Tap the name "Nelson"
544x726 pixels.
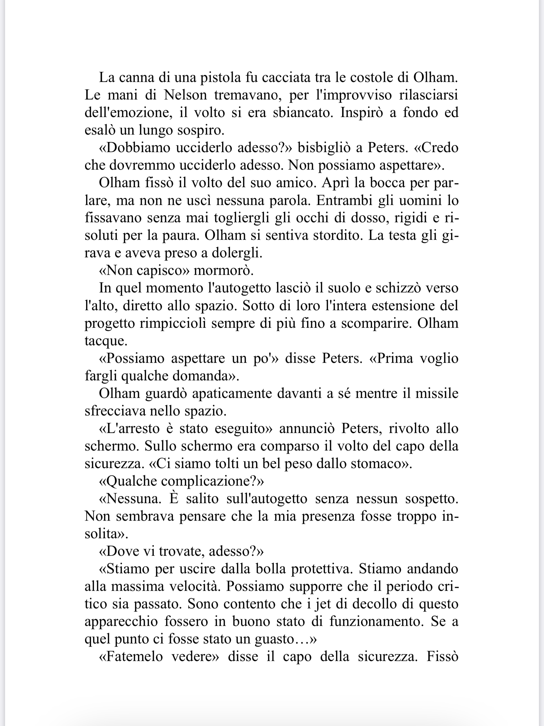(x=185, y=95)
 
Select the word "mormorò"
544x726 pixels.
(x=223, y=271)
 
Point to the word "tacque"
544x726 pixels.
(x=106, y=341)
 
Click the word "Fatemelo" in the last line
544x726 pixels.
(x=134, y=656)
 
